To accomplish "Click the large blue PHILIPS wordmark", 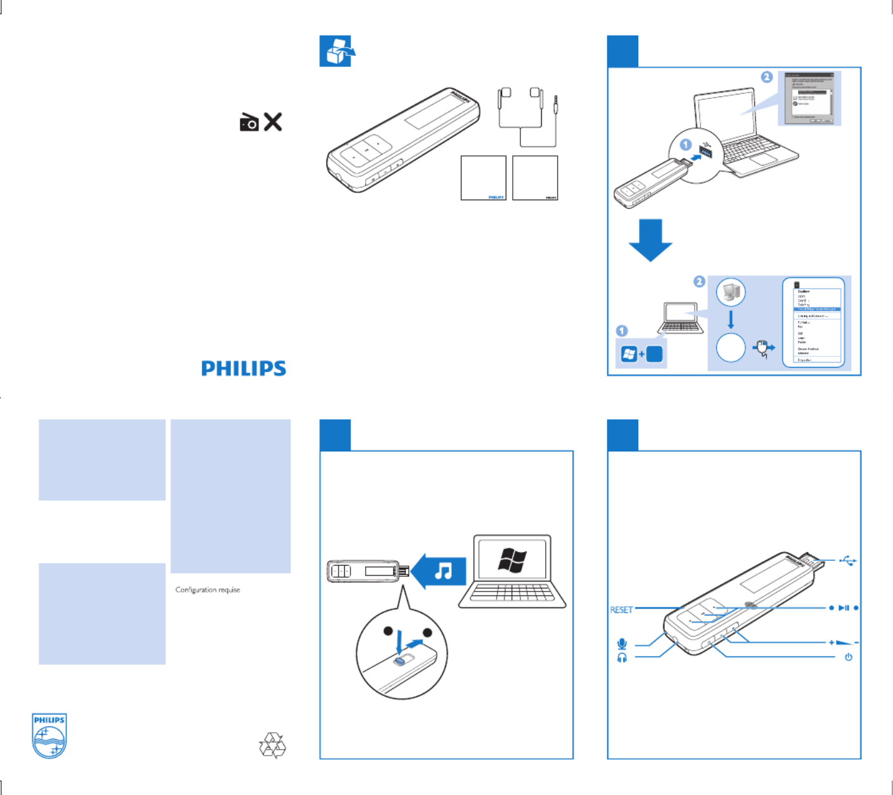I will click(243, 368).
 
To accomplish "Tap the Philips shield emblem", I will click(49, 735).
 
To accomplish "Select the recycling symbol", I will click(273, 746).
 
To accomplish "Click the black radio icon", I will click(249, 122).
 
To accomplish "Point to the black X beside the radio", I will click(273, 122).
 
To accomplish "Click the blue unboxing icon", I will click(337, 51).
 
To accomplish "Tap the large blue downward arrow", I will click(650, 240).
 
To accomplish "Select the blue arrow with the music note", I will click(439, 571).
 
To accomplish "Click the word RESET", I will click(621, 610).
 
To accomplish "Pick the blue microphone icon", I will click(622, 644).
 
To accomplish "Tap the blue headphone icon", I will click(622, 658).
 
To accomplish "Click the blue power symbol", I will click(848, 657).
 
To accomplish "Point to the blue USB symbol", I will click(848, 560).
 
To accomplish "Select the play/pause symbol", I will click(844, 608).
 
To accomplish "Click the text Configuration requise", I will click(208, 590).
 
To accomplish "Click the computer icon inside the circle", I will click(731, 292).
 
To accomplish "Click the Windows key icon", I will click(629, 354).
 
